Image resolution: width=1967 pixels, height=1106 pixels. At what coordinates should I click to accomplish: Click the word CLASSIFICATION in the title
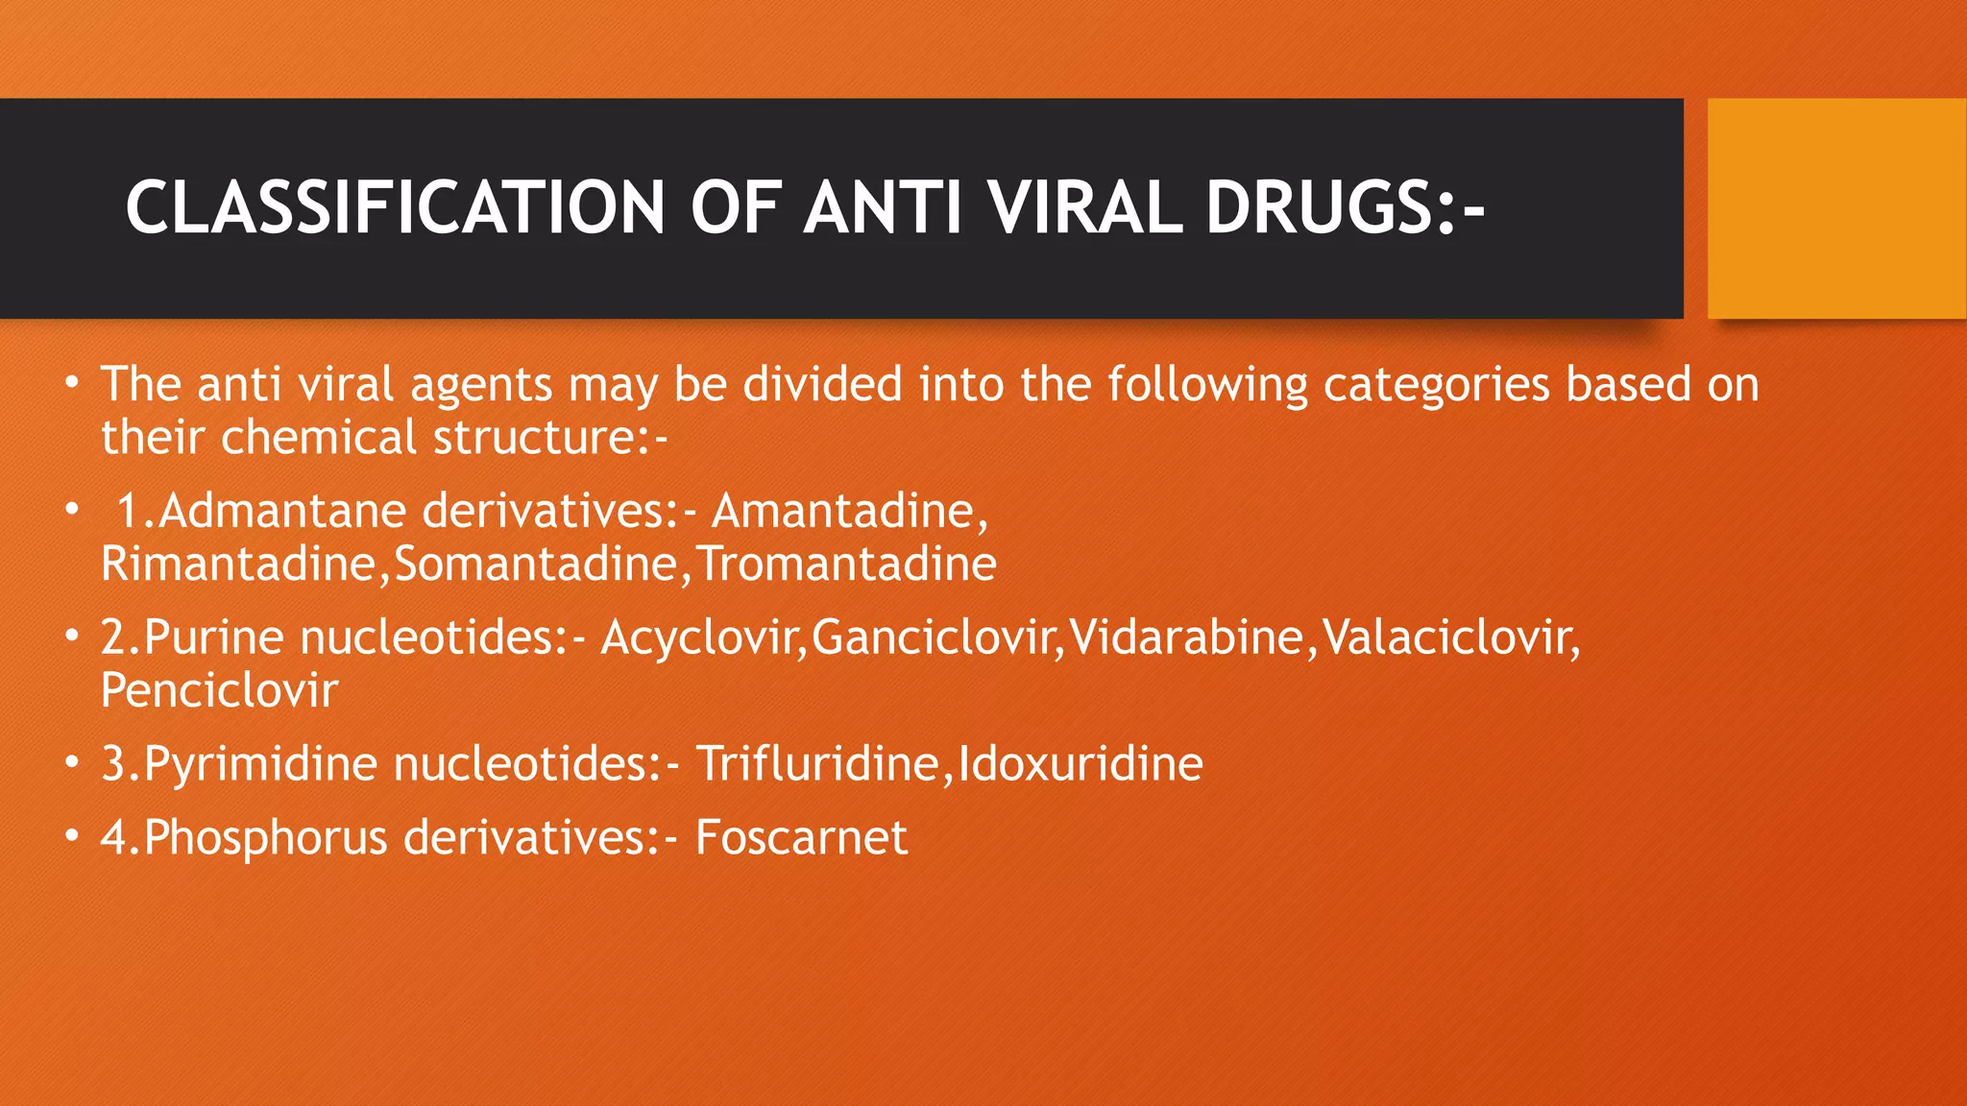(395, 207)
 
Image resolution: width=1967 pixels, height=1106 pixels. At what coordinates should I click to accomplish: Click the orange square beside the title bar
(1836, 208)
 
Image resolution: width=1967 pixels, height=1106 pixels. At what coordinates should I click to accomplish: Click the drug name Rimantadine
(238, 564)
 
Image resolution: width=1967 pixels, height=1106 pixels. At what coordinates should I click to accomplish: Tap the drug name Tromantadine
(846, 564)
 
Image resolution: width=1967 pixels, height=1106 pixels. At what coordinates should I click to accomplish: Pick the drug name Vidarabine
(1187, 637)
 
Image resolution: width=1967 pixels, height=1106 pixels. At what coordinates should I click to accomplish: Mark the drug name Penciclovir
(219, 690)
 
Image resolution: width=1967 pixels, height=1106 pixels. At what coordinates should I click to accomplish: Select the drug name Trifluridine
(816, 764)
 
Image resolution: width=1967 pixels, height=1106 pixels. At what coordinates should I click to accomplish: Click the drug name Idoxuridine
(1080, 764)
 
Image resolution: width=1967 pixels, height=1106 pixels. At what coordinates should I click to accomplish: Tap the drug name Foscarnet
(801, 837)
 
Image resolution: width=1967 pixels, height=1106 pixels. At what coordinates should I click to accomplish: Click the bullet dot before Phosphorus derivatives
(72, 836)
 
